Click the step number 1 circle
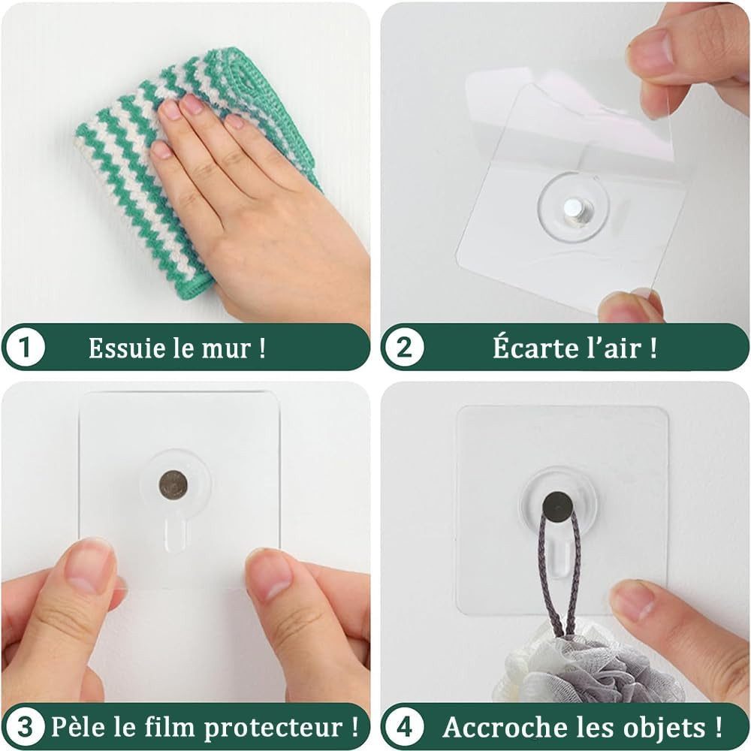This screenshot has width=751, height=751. [x=24, y=346]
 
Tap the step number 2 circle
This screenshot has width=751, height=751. [x=404, y=346]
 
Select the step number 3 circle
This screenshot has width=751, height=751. [x=24, y=726]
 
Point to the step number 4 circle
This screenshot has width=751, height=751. [x=404, y=726]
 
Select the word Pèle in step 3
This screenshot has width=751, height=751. [x=79, y=726]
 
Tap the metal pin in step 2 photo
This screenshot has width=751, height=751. [x=573, y=213]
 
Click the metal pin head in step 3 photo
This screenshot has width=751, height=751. [x=173, y=484]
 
